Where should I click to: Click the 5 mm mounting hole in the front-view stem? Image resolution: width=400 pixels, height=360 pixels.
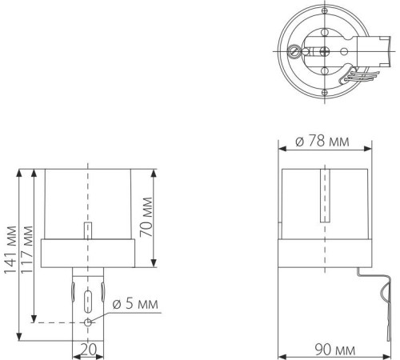88,322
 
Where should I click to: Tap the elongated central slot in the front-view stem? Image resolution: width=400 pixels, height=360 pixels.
88,302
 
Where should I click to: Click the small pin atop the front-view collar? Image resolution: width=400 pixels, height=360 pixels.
88,230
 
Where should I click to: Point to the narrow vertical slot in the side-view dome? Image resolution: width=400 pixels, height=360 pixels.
324,194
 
